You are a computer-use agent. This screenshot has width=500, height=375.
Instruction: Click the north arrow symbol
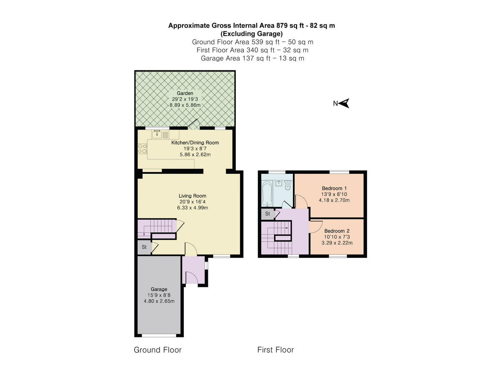(x=344, y=103)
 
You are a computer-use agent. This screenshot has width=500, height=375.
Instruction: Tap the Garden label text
(x=185, y=93)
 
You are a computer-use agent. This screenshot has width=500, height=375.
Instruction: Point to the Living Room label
(x=192, y=196)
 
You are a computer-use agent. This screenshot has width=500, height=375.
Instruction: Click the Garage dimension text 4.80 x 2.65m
(x=159, y=301)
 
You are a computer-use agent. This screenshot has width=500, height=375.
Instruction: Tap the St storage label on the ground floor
(x=144, y=247)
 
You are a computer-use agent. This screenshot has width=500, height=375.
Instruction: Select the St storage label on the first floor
(x=267, y=214)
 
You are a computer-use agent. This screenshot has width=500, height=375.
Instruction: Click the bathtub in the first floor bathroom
(x=267, y=192)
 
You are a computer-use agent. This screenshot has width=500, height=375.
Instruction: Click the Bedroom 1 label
(x=334, y=188)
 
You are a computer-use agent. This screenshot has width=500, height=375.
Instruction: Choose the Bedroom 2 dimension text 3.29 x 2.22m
(x=337, y=243)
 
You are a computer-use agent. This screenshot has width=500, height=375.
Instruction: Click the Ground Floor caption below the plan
(x=157, y=350)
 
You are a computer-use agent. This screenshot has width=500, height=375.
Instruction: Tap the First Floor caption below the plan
(x=275, y=350)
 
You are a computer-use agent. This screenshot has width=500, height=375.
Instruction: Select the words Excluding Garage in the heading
(x=252, y=33)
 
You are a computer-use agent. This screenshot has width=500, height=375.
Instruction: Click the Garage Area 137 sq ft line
(x=252, y=58)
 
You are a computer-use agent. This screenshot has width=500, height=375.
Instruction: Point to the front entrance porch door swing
(x=191, y=277)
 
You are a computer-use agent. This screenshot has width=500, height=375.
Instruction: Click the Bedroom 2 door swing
(x=315, y=227)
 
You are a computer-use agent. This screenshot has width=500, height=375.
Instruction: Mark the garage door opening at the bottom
(x=159, y=335)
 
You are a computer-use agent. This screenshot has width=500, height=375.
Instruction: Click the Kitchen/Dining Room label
(x=195, y=142)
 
